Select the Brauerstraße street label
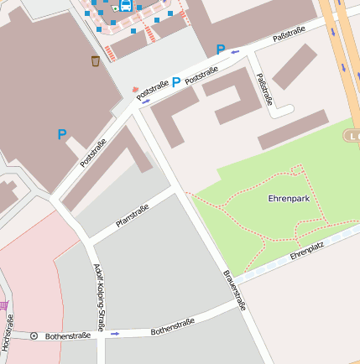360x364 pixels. coord(234,290)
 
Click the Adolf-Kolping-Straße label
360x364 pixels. coord(100,299)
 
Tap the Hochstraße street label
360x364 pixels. coord(7,333)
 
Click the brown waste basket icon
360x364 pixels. coord(95,60)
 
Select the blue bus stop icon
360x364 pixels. coord(126,6)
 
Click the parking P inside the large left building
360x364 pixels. coord(62,133)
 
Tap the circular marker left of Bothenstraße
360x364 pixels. coord(34,335)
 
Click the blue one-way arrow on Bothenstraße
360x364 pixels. coord(115,333)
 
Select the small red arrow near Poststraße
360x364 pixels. coord(136,89)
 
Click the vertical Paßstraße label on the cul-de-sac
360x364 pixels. coord(264,90)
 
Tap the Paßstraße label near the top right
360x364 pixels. coord(289,34)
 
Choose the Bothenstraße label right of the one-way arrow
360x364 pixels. coord(173,326)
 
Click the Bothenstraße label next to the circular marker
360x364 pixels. coord(66,335)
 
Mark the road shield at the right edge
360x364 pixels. coord(352,135)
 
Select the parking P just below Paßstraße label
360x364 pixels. coord(221,49)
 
